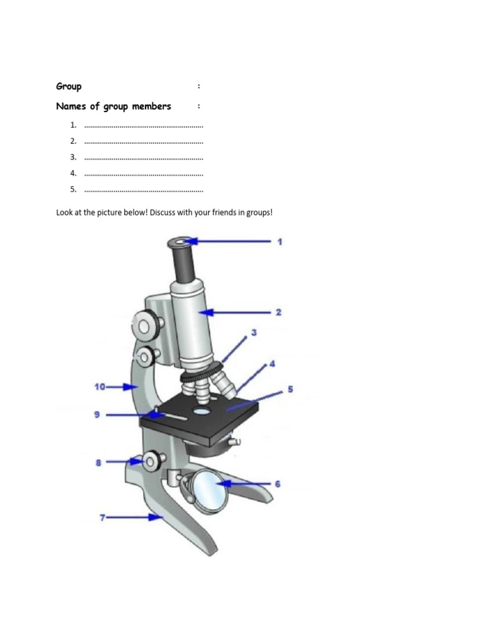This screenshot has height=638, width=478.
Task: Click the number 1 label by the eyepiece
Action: (x=280, y=241)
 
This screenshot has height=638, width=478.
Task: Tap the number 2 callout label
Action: (x=278, y=312)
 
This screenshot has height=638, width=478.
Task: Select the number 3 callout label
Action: (x=254, y=333)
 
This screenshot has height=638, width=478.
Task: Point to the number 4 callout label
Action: (x=272, y=363)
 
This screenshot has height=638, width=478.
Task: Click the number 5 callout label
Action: (x=290, y=390)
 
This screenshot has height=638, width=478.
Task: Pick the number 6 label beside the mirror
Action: (x=278, y=483)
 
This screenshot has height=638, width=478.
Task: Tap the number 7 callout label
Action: (x=103, y=517)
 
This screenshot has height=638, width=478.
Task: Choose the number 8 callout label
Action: (x=98, y=462)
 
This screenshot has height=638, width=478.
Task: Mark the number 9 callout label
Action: (x=97, y=414)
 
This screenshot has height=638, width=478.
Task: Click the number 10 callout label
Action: (x=100, y=386)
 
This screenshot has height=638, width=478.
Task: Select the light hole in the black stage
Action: (x=202, y=412)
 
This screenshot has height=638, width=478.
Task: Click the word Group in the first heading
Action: (x=68, y=86)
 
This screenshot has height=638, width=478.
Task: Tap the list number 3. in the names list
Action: (x=73, y=157)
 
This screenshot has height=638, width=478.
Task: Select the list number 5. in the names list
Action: (x=73, y=189)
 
